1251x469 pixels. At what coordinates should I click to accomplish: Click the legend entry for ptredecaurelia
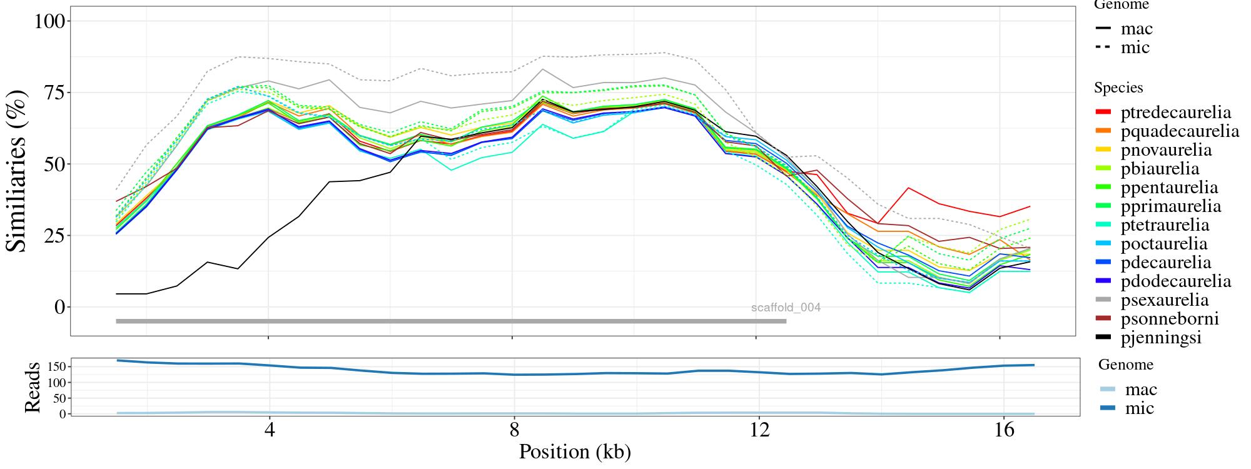[1175, 113]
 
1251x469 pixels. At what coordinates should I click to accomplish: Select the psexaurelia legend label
[1164, 300]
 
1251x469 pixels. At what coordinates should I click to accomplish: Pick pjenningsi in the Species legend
[1161, 338]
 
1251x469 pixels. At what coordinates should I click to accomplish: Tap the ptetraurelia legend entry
[1165, 225]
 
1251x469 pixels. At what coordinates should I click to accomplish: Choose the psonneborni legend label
[1169, 319]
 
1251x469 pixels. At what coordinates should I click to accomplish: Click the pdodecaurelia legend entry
[1175, 281]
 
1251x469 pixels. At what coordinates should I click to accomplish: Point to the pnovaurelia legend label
[1166, 150]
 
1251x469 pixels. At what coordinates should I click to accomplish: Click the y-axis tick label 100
[49, 21]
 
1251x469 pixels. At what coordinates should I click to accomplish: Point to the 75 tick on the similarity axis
[53, 93]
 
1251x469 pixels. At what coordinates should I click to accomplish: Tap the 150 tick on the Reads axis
[56, 366]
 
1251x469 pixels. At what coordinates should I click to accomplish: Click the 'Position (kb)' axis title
[574, 451]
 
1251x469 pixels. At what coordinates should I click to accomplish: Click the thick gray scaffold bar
[450, 321]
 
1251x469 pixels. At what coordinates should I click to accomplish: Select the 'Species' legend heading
[1118, 88]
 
